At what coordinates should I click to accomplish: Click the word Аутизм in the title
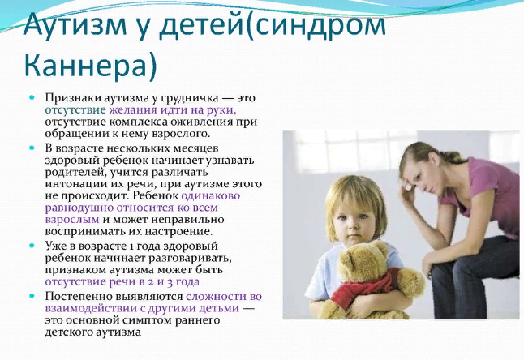pyautogui.click(x=75, y=25)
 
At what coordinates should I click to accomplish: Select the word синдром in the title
pyautogui.click(x=320, y=26)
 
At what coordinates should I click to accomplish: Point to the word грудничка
pyautogui.click(x=190, y=98)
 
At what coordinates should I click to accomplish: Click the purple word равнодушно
pyautogui.click(x=79, y=208)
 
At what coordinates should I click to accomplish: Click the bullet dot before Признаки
pyautogui.click(x=32, y=98)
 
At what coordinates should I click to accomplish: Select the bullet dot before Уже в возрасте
pyautogui.click(x=32, y=246)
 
